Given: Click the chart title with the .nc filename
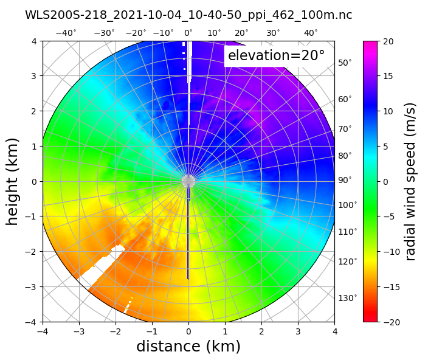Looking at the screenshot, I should [188, 15].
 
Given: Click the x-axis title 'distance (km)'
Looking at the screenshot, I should [188, 347].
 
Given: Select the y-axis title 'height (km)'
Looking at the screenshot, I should [13, 181].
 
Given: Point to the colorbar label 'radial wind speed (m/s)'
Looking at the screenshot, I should [411, 181].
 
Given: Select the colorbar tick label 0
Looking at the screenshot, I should [387, 181].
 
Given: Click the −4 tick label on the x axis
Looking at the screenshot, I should [43, 331].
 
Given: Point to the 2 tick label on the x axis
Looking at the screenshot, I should [261, 331].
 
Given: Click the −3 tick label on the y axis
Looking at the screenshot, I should [32, 286].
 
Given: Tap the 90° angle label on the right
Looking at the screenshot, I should [345, 180].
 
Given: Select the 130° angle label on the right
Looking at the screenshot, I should [347, 297].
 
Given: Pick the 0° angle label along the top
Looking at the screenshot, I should [188, 33].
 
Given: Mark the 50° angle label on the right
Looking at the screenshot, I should [345, 63].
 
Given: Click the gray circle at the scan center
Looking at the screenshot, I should [188, 181].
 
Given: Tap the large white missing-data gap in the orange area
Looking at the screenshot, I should [100, 267].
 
